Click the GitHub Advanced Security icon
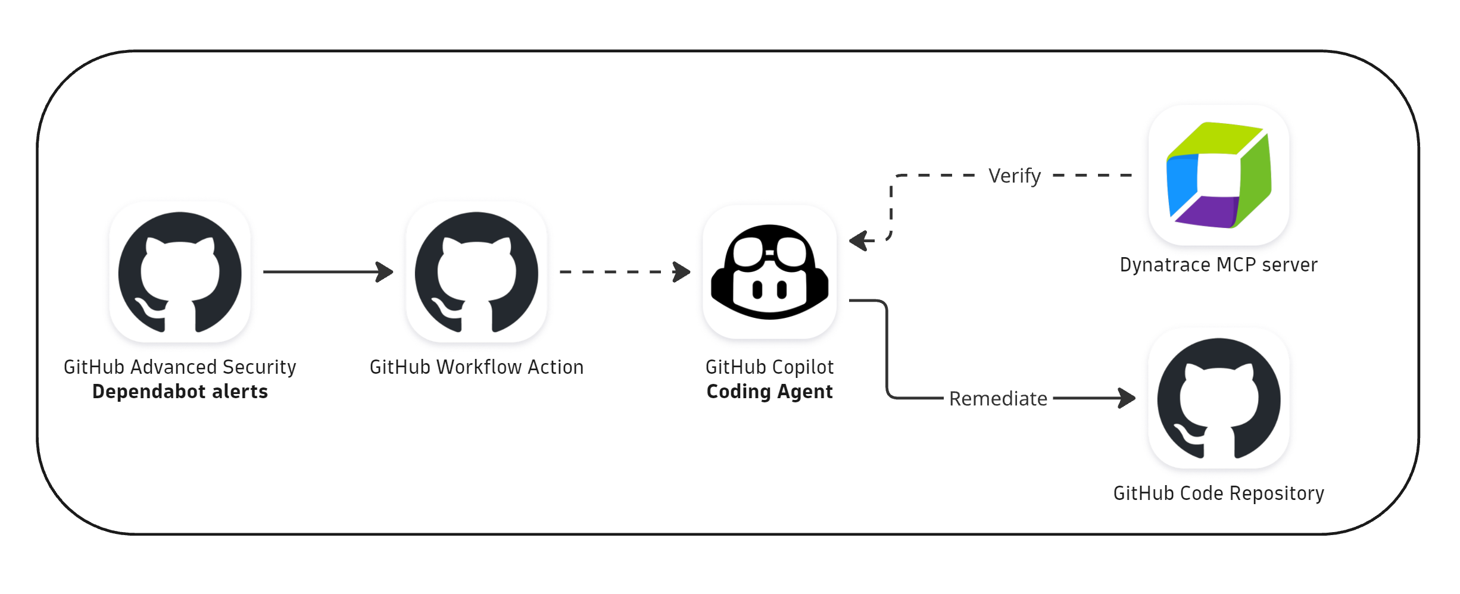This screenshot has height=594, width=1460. click(180, 272)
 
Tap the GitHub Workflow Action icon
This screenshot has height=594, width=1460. click(476, 272)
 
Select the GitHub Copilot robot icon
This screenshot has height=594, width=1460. click(769, 272)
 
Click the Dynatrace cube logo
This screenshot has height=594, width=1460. click(1219, 175)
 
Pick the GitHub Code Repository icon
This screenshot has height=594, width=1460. click(1219, 398)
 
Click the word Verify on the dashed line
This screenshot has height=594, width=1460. click(1015, 176)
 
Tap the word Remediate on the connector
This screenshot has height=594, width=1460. click(998, 399)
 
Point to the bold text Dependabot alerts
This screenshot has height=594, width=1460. click(180, 392)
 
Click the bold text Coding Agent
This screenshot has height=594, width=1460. click(769, 392)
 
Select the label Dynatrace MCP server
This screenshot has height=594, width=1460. click(1218, 265)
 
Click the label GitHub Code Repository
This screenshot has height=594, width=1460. click(1218, 493)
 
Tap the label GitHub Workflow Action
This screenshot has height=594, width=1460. click(476, 367)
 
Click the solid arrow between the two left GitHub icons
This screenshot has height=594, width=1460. click(327, 272)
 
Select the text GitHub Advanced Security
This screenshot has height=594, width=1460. click(180, 367)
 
